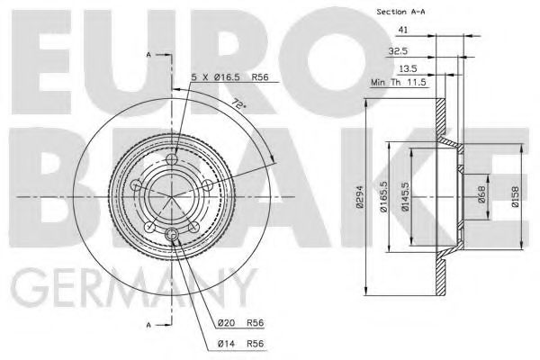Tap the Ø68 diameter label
point(482,195)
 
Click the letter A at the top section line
point(148,56)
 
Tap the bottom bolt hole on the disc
point(171,235)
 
